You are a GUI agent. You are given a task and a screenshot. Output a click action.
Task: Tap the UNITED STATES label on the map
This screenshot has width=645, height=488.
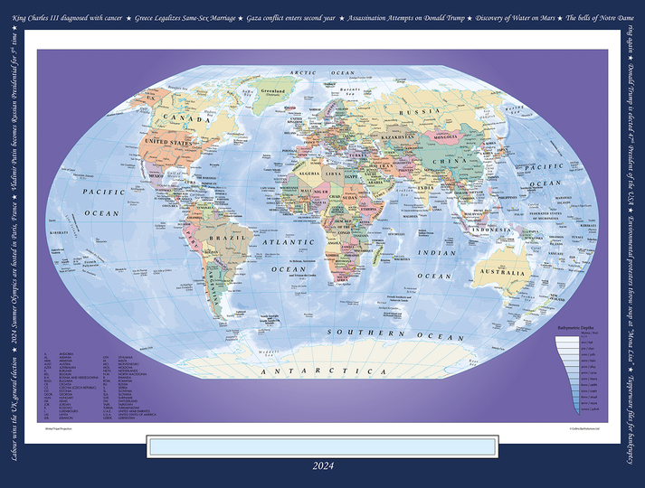169,142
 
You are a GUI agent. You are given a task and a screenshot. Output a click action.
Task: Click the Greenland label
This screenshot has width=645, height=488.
272,91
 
